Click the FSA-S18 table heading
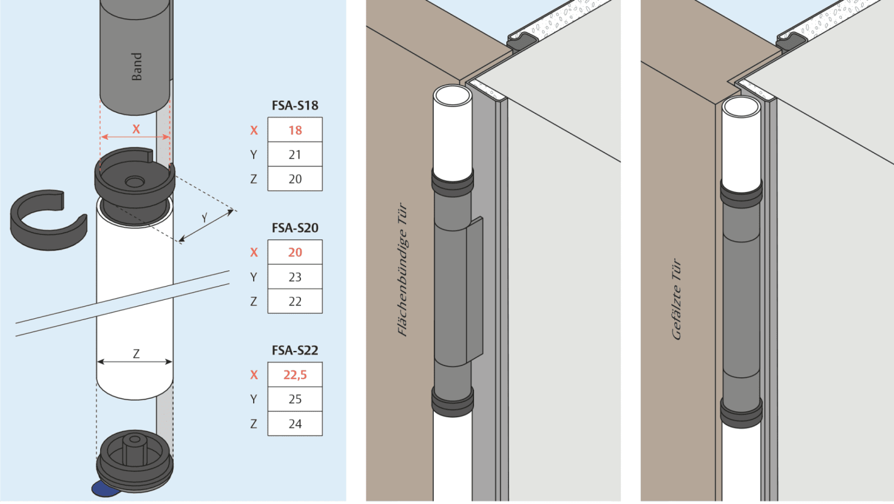[295, 106]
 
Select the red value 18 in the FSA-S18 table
[295, 130]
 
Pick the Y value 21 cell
[295, 155]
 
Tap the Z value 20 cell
[295, 179]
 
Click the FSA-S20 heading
[295, 228]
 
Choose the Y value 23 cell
[295, 277]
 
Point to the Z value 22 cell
[295, 301]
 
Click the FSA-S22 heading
[295, 350]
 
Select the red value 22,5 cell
[295, 375]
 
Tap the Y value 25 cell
[295, 399]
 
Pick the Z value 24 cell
[295, 423]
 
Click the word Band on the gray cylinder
[137, 67]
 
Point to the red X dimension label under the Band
[135, 129]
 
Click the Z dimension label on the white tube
[136, 354]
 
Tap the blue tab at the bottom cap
[101, 488]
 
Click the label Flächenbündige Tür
[403, 270]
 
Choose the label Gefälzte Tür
[677, 300]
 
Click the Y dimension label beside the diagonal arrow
[205, 217]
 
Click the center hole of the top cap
[134, 181]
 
